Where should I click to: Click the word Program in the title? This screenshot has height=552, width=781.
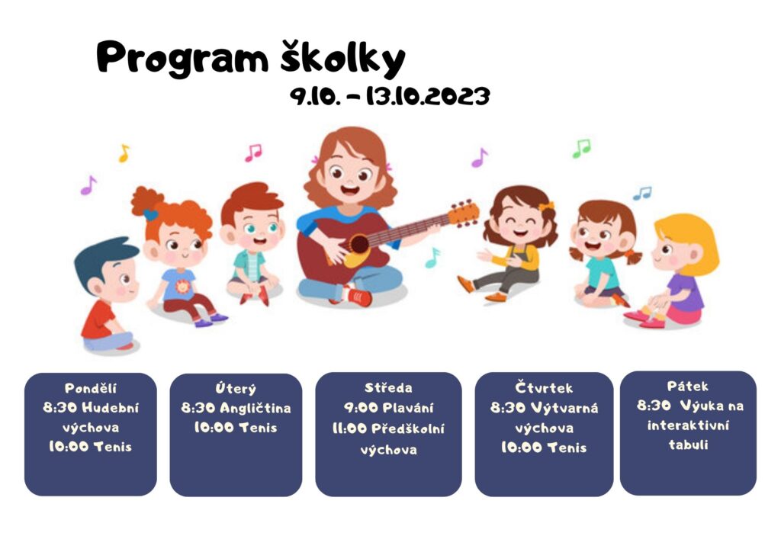[182, 59]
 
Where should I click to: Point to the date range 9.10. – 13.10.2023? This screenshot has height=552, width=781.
[390, 96]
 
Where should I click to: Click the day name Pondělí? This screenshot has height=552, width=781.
[90, 388]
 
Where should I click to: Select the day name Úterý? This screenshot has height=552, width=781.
[236, 388]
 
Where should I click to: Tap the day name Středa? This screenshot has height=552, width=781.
[388, 388]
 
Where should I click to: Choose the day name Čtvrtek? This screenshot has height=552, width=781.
[544, 387]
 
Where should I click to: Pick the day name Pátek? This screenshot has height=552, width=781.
[687, 387]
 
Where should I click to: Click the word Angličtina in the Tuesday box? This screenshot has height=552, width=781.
[255, 408]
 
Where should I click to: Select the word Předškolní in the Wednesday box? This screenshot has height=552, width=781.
[408, 428]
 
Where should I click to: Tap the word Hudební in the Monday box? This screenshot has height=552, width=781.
[111, 408]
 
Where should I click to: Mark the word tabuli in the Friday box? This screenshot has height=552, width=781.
[688, 444]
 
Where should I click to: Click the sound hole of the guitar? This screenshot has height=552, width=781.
[358, 244]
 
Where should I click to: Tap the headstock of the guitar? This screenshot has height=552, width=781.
[463, 214]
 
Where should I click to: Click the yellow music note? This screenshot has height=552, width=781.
[124, 153]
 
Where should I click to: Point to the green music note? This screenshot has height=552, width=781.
[581, 149]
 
